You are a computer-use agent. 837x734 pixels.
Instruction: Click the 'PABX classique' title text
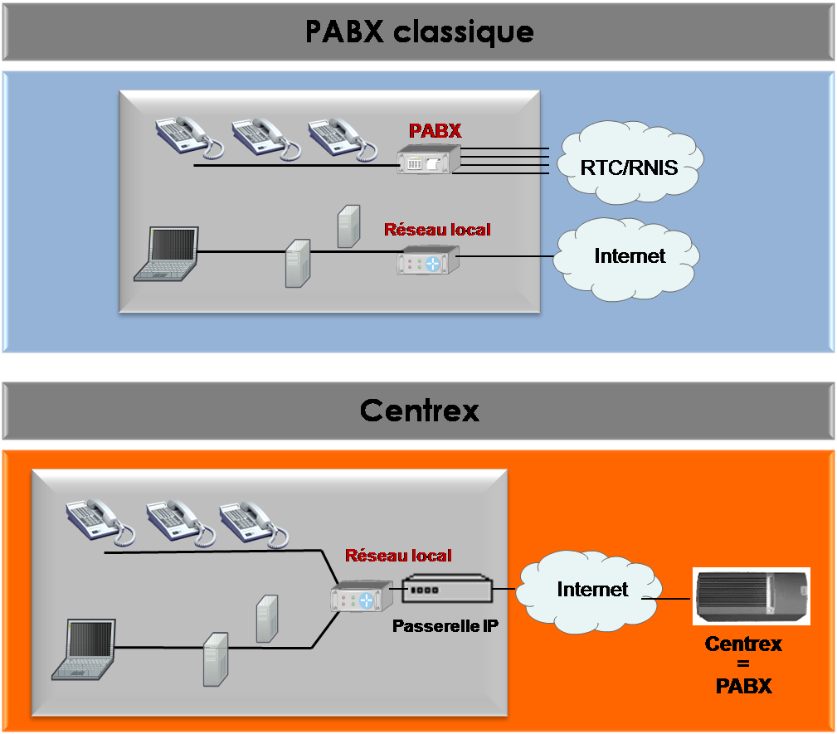point(419,32)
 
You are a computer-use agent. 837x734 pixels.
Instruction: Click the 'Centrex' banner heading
point(420,411)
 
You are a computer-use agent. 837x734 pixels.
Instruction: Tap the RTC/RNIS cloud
point(630,163)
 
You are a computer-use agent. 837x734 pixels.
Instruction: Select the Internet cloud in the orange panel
point(589,591)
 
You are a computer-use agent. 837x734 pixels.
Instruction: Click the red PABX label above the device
point(435,131)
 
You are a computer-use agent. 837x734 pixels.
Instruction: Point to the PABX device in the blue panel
point(429,159)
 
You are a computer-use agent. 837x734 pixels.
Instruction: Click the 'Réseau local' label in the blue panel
point(437,230)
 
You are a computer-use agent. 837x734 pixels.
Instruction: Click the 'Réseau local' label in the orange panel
point(398,556)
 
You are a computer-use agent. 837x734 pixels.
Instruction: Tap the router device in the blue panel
point(428,260)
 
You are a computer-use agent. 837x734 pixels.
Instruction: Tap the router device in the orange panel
point(362,596)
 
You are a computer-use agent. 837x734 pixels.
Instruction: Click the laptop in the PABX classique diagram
point(167,254)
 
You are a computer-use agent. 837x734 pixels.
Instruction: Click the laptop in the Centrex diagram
point(84,649)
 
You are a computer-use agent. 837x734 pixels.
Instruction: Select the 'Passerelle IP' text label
point(445,626)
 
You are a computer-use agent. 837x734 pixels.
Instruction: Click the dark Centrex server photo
point(752,596)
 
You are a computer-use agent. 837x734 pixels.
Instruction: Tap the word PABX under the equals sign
point(743,687)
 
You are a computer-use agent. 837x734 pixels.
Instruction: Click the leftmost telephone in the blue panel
point(189,137)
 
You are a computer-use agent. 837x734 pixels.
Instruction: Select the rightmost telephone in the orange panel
point(254,523)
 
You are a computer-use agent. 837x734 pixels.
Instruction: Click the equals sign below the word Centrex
point(743,664)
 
